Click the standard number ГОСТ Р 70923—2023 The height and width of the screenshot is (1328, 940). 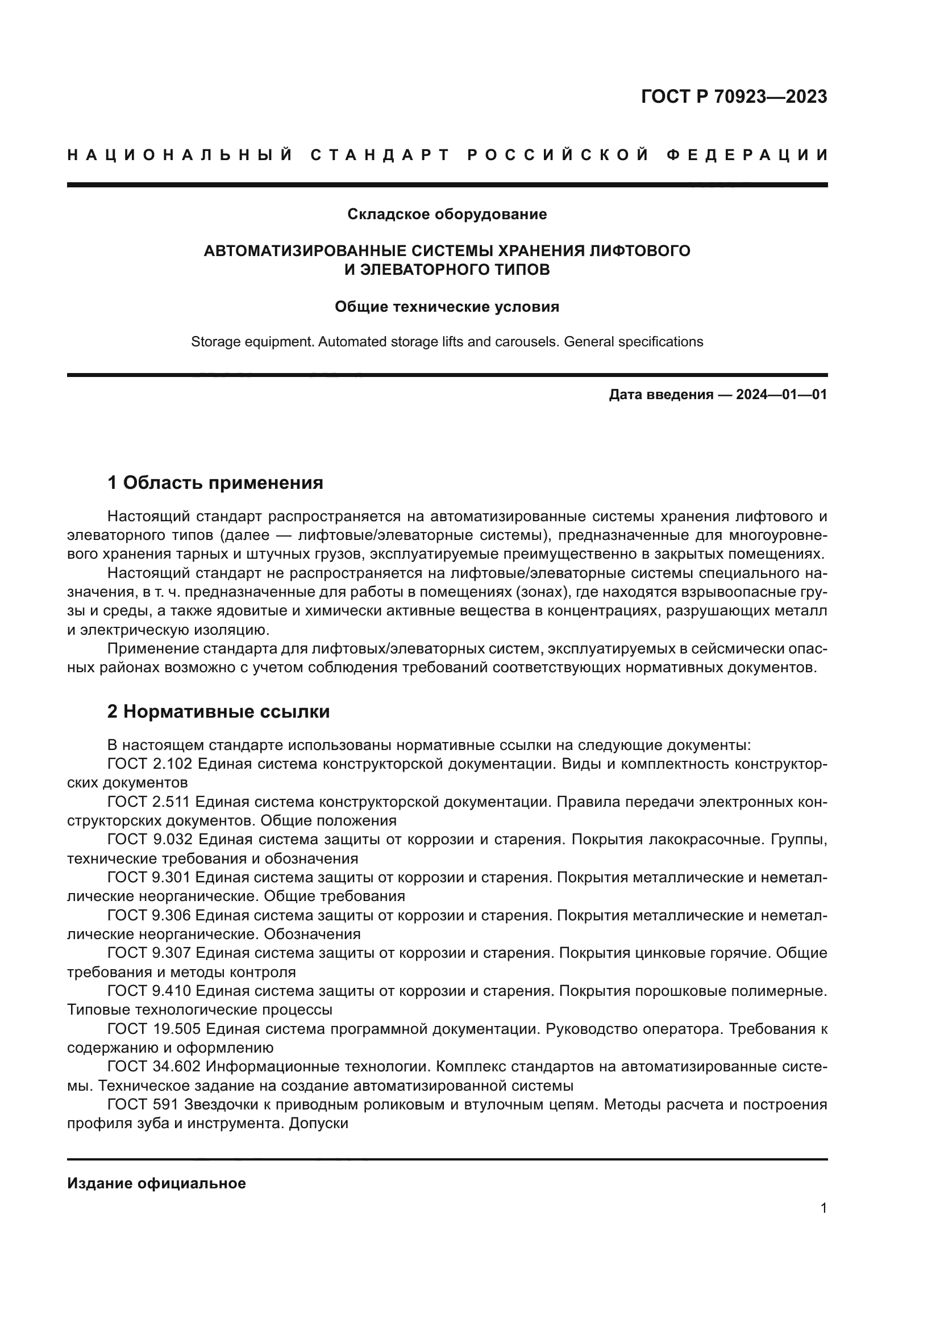coord(733,97)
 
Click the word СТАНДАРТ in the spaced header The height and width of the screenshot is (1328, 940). coord(380,155)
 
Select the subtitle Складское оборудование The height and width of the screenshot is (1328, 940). coord(447,214)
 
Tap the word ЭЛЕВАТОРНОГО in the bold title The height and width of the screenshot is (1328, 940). coord(428,270)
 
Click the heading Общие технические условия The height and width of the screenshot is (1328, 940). coord(447,307)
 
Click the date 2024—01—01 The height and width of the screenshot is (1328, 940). coord(781,395)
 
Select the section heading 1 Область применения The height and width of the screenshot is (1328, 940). coord(215,482)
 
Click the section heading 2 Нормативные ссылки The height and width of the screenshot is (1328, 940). coord(218,711)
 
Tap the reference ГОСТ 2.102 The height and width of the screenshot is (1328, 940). coord(149,764)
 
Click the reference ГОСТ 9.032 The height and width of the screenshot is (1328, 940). coord(149,839)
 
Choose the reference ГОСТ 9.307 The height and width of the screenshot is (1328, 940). coord(149,953)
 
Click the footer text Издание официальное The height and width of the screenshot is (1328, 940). coord(156,1183)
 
